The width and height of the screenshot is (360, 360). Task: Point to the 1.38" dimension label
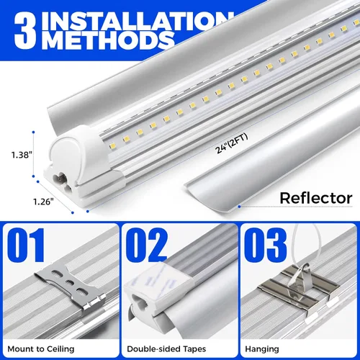tap(21, 153)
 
